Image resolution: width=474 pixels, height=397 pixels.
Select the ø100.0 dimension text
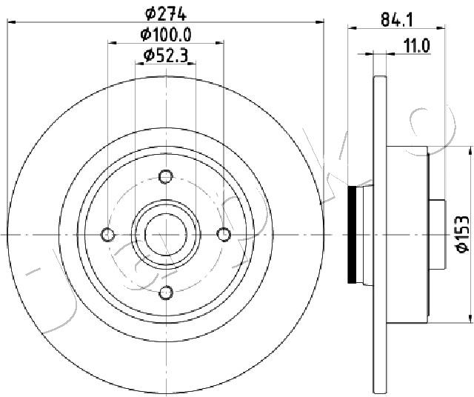click(x=166, y=34)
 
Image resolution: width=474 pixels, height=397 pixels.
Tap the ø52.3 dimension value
click(x=166, y=54)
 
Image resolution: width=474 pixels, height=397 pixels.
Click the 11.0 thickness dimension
click(x=416, y=45)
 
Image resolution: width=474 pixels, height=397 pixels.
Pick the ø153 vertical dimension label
click(x=461, y=234)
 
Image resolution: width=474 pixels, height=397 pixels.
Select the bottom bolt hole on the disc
click(x=166, y=291)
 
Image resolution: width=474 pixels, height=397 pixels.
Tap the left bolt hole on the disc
click(x=109, y=234)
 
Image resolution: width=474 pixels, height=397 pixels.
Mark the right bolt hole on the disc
click(x=224, y=234)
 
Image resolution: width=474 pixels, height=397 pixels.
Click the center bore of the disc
click(x=166, y=234)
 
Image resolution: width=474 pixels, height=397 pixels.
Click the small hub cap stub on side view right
click(x=437, y=234)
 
